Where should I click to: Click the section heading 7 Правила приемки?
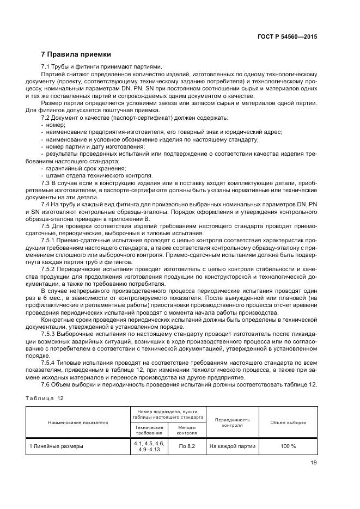76,54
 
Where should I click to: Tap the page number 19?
314,463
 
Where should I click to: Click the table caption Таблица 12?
45,398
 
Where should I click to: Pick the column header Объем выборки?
288,422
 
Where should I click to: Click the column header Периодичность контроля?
233,422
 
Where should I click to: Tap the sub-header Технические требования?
149,430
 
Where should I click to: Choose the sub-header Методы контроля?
187,430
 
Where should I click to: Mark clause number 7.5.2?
50,268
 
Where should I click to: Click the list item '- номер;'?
53,125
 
